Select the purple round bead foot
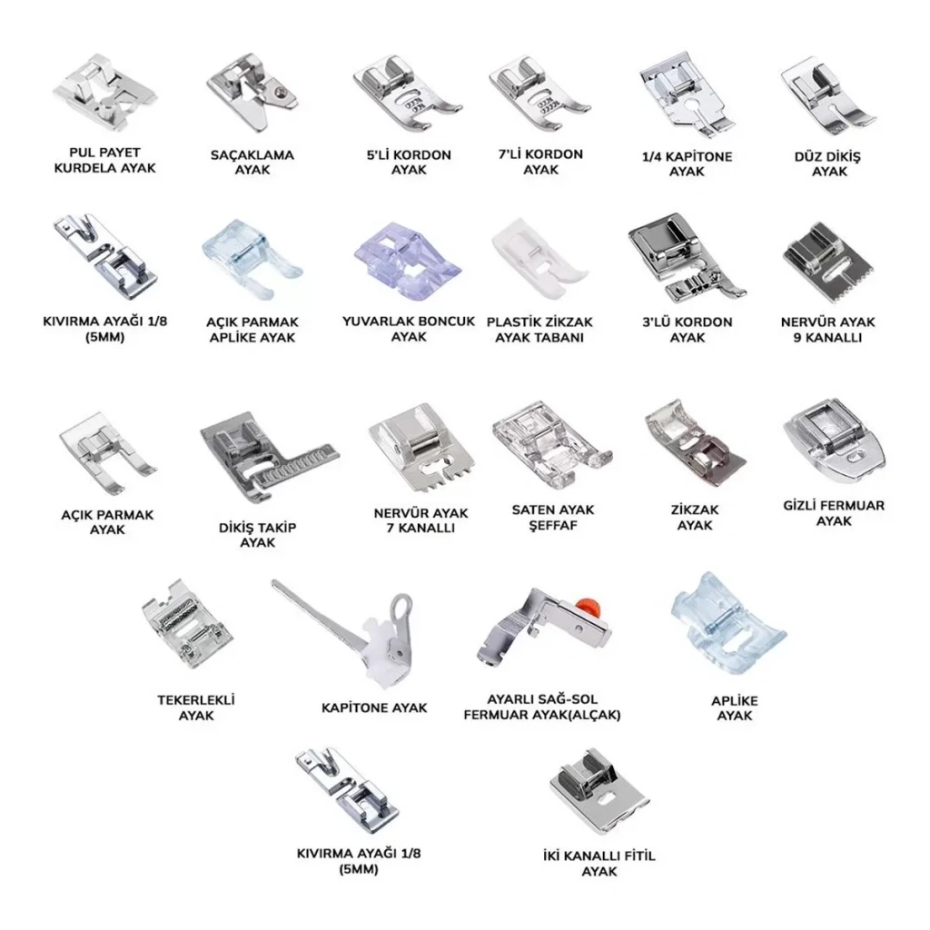tap(408, 261)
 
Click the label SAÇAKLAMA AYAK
tap(252, 162)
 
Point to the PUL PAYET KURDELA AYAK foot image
tap(105, 93)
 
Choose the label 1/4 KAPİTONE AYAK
tap(687, 163)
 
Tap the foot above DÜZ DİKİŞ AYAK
tap(828, 98)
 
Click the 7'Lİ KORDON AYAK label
tap(540, 162)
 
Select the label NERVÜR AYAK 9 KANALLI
tap(828, 330)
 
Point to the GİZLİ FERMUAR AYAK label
tap(834, 513)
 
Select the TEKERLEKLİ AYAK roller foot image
tap(186, 624)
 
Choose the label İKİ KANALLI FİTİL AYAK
tap(599, 864)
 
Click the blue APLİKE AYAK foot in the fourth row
tap(728, 623)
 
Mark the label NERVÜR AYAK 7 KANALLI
tap(420, 520)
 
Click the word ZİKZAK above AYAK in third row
tap(695, 510)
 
